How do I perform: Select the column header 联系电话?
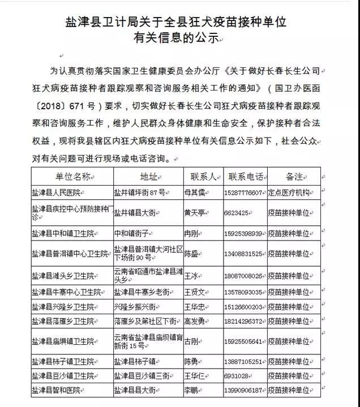pyautogui.click(x=246, y=176)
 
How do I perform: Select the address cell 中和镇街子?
pyautogui.click(x=133, y=233)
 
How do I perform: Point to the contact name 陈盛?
pyautogui.click(x=192, y=253)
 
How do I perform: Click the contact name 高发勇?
pyautogui.click(x=196, y=321)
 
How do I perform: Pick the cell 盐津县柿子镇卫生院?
pyautogui.click(x=62, y=362)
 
